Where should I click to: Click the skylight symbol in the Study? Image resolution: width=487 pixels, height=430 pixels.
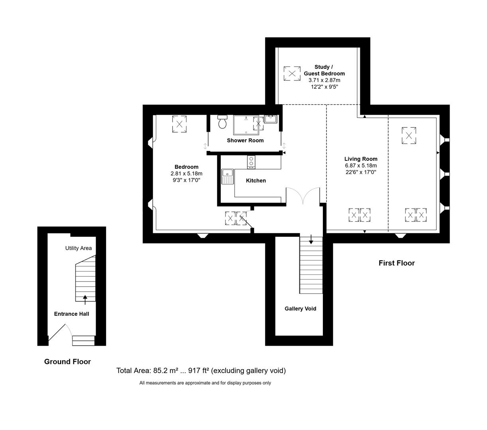(x=292, y=74)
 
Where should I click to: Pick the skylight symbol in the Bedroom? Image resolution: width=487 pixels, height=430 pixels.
(x=179, y=124)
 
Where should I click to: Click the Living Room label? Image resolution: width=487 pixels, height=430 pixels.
(x=361, y=159)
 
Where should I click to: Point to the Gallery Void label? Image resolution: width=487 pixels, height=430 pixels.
(x=300, y=309)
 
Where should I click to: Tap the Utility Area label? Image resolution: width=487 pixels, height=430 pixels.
(x=79, y=248)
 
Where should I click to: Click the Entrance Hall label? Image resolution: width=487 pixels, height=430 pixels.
(x=72, y=314)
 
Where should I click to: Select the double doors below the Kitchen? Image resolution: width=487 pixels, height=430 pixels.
(x=303, y=196)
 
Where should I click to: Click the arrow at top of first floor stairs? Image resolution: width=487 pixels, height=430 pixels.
(x=311, y=240)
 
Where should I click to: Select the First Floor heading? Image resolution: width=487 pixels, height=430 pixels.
(x=397, y=263)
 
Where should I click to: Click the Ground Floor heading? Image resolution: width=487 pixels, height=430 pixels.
(x=67, y=362)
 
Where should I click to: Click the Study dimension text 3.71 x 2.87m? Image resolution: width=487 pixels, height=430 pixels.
(x=324, y=80)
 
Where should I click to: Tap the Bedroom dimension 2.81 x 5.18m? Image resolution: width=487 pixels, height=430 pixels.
(x=187, y=174)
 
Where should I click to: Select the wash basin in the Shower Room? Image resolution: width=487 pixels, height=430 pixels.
(x=271, y=119)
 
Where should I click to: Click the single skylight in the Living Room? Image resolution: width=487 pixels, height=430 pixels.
(x=408, y=135)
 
